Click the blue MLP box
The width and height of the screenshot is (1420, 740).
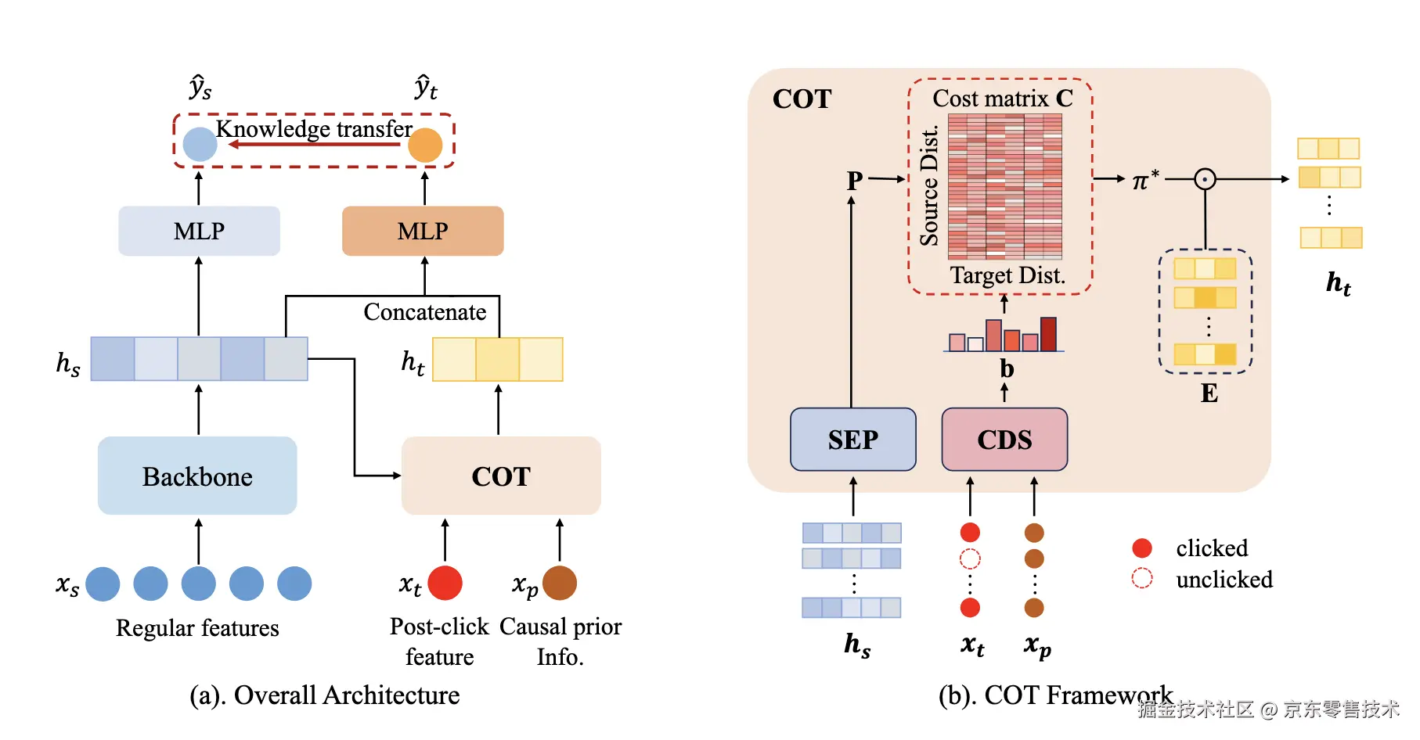pyautogui.click(x=199, y=231)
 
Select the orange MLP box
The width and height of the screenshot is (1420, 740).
pyautogui.click(x=423, y=231)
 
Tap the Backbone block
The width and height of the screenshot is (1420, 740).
pyautogui.click(x=197, y=476)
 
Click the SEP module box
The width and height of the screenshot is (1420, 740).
pyautogui.click(x=852, y=440)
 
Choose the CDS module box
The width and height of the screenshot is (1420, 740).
pyautogui.click(x=1004, y=440)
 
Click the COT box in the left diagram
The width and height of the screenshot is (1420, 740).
pyautogui.click(x=501, y=476)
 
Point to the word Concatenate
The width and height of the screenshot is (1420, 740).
pyautogui.click(x=424, y=312)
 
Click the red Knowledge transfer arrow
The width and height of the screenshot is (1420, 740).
pyautogui.click(x=313, y=145)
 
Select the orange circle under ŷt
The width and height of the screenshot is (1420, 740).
pyautogui.click(x=425, y=145)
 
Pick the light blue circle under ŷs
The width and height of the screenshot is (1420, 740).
pyautogui.click(x=200, y=145)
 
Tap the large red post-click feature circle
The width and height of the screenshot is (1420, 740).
pyautogui.click(x=445, y=583)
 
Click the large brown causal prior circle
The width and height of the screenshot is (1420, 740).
pyautogui.click(x=560, y=583)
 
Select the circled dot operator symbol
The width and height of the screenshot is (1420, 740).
pyautogui.click(x=1205, y=179)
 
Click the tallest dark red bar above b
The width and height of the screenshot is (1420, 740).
pyautogui.click(x=1048, y=334)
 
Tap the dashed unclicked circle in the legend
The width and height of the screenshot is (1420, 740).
pyautogui.click(x=1142, y=578)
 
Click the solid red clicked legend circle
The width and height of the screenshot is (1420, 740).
pyautogui.click(x=1142, y=548)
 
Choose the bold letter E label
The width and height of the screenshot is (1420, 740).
pyautogui.click(x=1209, y=393)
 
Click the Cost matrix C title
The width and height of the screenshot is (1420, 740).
pyautogui.click(x=1002, y=99)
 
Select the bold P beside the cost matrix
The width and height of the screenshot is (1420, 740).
pyautogui.click(x=855, y=181)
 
